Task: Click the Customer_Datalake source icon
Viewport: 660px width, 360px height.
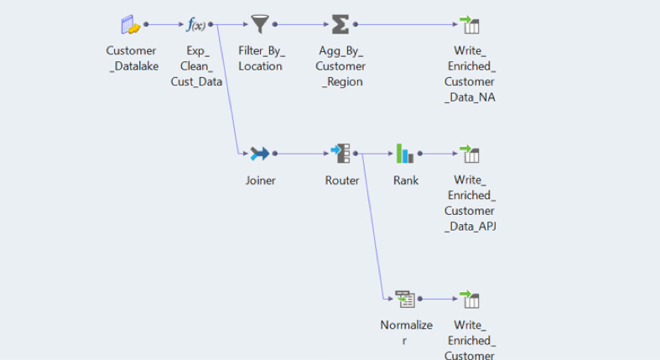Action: (130, 24)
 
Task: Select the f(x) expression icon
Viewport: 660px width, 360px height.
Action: (195, 24)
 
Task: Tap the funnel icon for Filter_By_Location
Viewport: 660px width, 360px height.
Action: (260, 24)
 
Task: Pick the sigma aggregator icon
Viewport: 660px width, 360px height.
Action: (340, 24)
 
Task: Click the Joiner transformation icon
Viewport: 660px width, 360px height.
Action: (260, 154)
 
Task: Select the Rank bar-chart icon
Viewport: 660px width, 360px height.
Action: (405, 154)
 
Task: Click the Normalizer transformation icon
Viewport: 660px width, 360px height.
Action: (405, 299)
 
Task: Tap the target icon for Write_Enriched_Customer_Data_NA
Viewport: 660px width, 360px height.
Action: (470, 24)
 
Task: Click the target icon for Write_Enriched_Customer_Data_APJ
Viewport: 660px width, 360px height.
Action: (470, 154)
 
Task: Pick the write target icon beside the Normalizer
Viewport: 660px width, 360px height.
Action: (470, 299)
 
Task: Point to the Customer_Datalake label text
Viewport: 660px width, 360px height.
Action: (131, 59)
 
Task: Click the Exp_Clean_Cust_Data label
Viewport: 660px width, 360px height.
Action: (196, 66)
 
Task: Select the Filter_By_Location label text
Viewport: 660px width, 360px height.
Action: (261, 59)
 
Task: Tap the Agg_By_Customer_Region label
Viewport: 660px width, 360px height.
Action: (341, 66)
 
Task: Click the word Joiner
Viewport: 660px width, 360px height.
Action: (260, 180)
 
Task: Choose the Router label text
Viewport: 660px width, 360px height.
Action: (342, 180)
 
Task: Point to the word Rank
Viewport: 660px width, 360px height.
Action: (406, 180)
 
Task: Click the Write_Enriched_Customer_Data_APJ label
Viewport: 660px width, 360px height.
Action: (470, 203)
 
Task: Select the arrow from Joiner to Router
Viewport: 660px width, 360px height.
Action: (300, 154)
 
